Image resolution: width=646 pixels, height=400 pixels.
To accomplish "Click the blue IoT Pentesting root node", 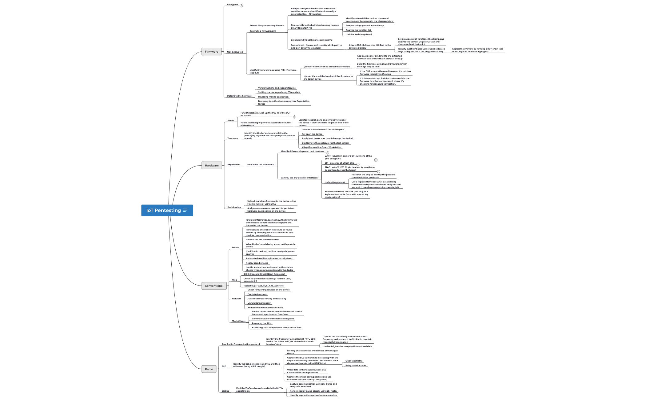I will pos(164,210).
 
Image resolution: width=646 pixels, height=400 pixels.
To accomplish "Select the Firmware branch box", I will pos(211,52).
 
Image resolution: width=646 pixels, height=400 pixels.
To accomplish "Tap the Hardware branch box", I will pos(212,166).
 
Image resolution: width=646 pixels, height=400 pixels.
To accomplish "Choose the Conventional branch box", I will pos(214,286).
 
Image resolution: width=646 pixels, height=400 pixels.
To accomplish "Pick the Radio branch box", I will pos(209,369).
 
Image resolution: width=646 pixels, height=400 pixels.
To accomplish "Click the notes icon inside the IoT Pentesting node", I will pos(185,210).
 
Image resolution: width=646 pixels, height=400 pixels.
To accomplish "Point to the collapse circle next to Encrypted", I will pos(241,6).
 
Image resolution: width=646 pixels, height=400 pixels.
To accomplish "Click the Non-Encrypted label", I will pos(235,52).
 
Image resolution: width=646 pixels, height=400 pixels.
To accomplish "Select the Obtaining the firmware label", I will pos(239,96).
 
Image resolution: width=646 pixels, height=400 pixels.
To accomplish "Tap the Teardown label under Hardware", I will pos(233,138).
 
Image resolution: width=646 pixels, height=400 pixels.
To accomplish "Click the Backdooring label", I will pos(234,207).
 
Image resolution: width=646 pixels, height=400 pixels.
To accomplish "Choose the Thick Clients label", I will pos(239,321).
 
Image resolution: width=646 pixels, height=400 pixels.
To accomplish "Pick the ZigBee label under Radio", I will pos(225,391).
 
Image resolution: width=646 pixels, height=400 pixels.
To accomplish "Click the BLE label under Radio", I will pos(224,366).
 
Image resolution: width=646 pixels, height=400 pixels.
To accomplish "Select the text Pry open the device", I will pos(312,134).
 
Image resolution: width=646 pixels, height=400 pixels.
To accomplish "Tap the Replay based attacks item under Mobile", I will pos(257,263).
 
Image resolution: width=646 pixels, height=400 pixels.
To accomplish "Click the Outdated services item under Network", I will pos(257,294).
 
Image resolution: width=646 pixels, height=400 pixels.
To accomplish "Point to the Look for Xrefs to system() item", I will pos(358,34).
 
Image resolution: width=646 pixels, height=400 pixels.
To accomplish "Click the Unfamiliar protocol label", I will pos(335,182).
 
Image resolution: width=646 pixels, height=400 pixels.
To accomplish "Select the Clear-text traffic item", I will pos(354,361).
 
